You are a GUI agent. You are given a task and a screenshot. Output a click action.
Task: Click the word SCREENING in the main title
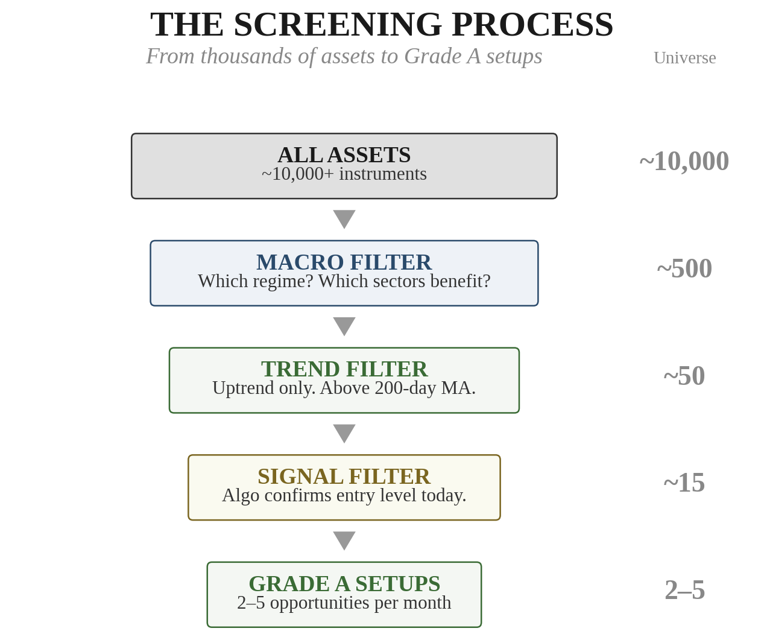coord(338,25)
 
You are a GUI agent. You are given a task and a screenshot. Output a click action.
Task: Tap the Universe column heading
coord(684,58)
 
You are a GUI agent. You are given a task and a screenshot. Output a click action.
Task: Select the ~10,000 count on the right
coord(684,161)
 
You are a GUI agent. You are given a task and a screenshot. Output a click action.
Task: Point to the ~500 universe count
coord(684,268)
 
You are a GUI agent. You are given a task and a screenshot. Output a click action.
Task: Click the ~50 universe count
coord(684,376)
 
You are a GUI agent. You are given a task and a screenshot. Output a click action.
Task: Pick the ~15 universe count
coord(684,483)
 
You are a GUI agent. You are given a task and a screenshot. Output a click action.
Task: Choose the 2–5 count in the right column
coord(684,590)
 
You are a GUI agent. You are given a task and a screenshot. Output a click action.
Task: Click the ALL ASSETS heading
coord(344,155)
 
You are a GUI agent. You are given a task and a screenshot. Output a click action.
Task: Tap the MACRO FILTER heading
coord(344,262)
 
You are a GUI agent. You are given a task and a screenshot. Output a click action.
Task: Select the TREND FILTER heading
coord(344,369)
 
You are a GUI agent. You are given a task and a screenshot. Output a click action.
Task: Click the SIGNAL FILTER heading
coord(344,477)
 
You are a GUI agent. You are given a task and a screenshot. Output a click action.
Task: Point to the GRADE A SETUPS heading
coord(344,584)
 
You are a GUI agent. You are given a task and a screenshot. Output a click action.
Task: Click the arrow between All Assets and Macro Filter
coord(344,218)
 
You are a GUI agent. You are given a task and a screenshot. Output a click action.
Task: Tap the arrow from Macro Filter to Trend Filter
coord(344,326)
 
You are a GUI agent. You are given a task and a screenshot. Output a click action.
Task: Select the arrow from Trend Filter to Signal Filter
coord(344,433)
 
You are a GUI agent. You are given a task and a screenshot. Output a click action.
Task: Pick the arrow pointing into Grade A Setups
coord(344,540)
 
